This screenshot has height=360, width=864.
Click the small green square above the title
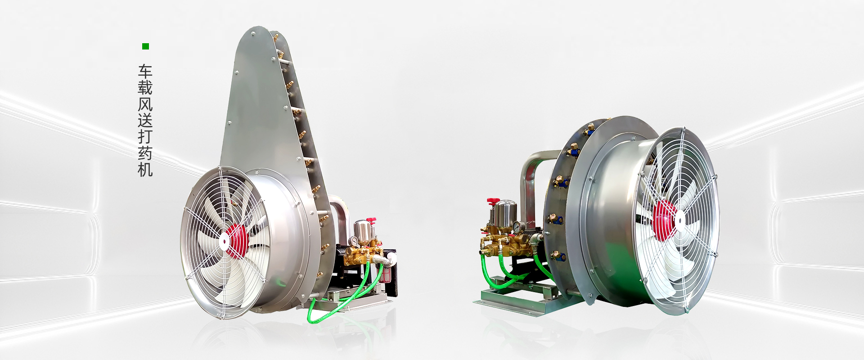tap(145, 46)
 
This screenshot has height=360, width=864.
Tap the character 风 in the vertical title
tap(145, 104)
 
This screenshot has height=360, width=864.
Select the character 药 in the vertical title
tap(145, 153)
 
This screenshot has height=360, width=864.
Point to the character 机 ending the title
tap(145, 169)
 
